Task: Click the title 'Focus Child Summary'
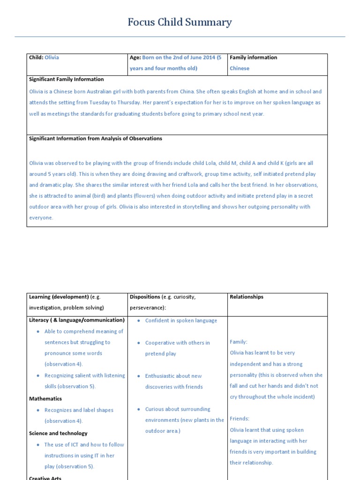(x=180, y=22)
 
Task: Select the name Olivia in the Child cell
(x=52, y=58)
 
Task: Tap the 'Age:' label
(x=135, y=58)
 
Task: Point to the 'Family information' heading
(x=253, y=58)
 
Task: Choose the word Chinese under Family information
(x=240, y=68)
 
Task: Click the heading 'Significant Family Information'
(x=67, y=79)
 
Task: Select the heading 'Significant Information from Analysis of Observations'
(x=96, y=139)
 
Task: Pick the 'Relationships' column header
(x=247, y=297)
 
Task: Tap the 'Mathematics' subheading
(x=45, y=399)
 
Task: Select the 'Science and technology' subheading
(x=58, y=434)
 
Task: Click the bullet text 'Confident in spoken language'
(x=181, y=321)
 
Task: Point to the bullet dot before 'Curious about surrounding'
(x=139, y=409)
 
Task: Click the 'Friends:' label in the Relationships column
(x=240, y=419)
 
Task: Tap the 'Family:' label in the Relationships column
(x=239, y=342)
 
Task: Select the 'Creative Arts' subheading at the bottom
(x=45, y=478)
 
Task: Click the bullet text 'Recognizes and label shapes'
(x=79, y=410)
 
